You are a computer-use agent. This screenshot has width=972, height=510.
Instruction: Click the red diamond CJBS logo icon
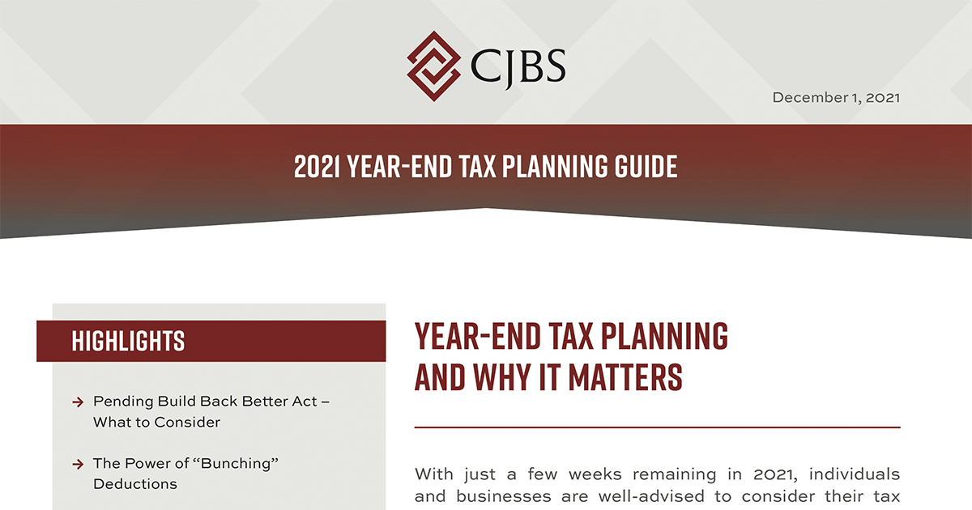[x=433, y=66]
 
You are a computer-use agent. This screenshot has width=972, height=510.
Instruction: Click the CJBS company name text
[x=518, y=66]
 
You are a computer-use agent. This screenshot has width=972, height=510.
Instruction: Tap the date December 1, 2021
[x=836, y=98]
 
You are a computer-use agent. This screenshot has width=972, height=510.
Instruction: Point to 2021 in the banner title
[x=317, y=167]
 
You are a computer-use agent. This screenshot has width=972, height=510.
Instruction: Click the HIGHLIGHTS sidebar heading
[x=128, y=341]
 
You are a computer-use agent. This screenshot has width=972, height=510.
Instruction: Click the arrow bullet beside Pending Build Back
[x=78, y=402]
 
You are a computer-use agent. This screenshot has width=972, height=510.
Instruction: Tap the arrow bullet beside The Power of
[x=78, y=465]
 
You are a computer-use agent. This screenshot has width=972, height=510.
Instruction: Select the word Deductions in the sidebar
[x=135, y=484]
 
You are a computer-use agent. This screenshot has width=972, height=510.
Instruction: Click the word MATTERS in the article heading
[x=625, y=376]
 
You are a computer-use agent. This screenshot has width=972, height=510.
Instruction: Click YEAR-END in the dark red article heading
[x=477, y=336]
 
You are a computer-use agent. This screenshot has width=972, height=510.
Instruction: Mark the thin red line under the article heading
[x=658, y=427]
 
